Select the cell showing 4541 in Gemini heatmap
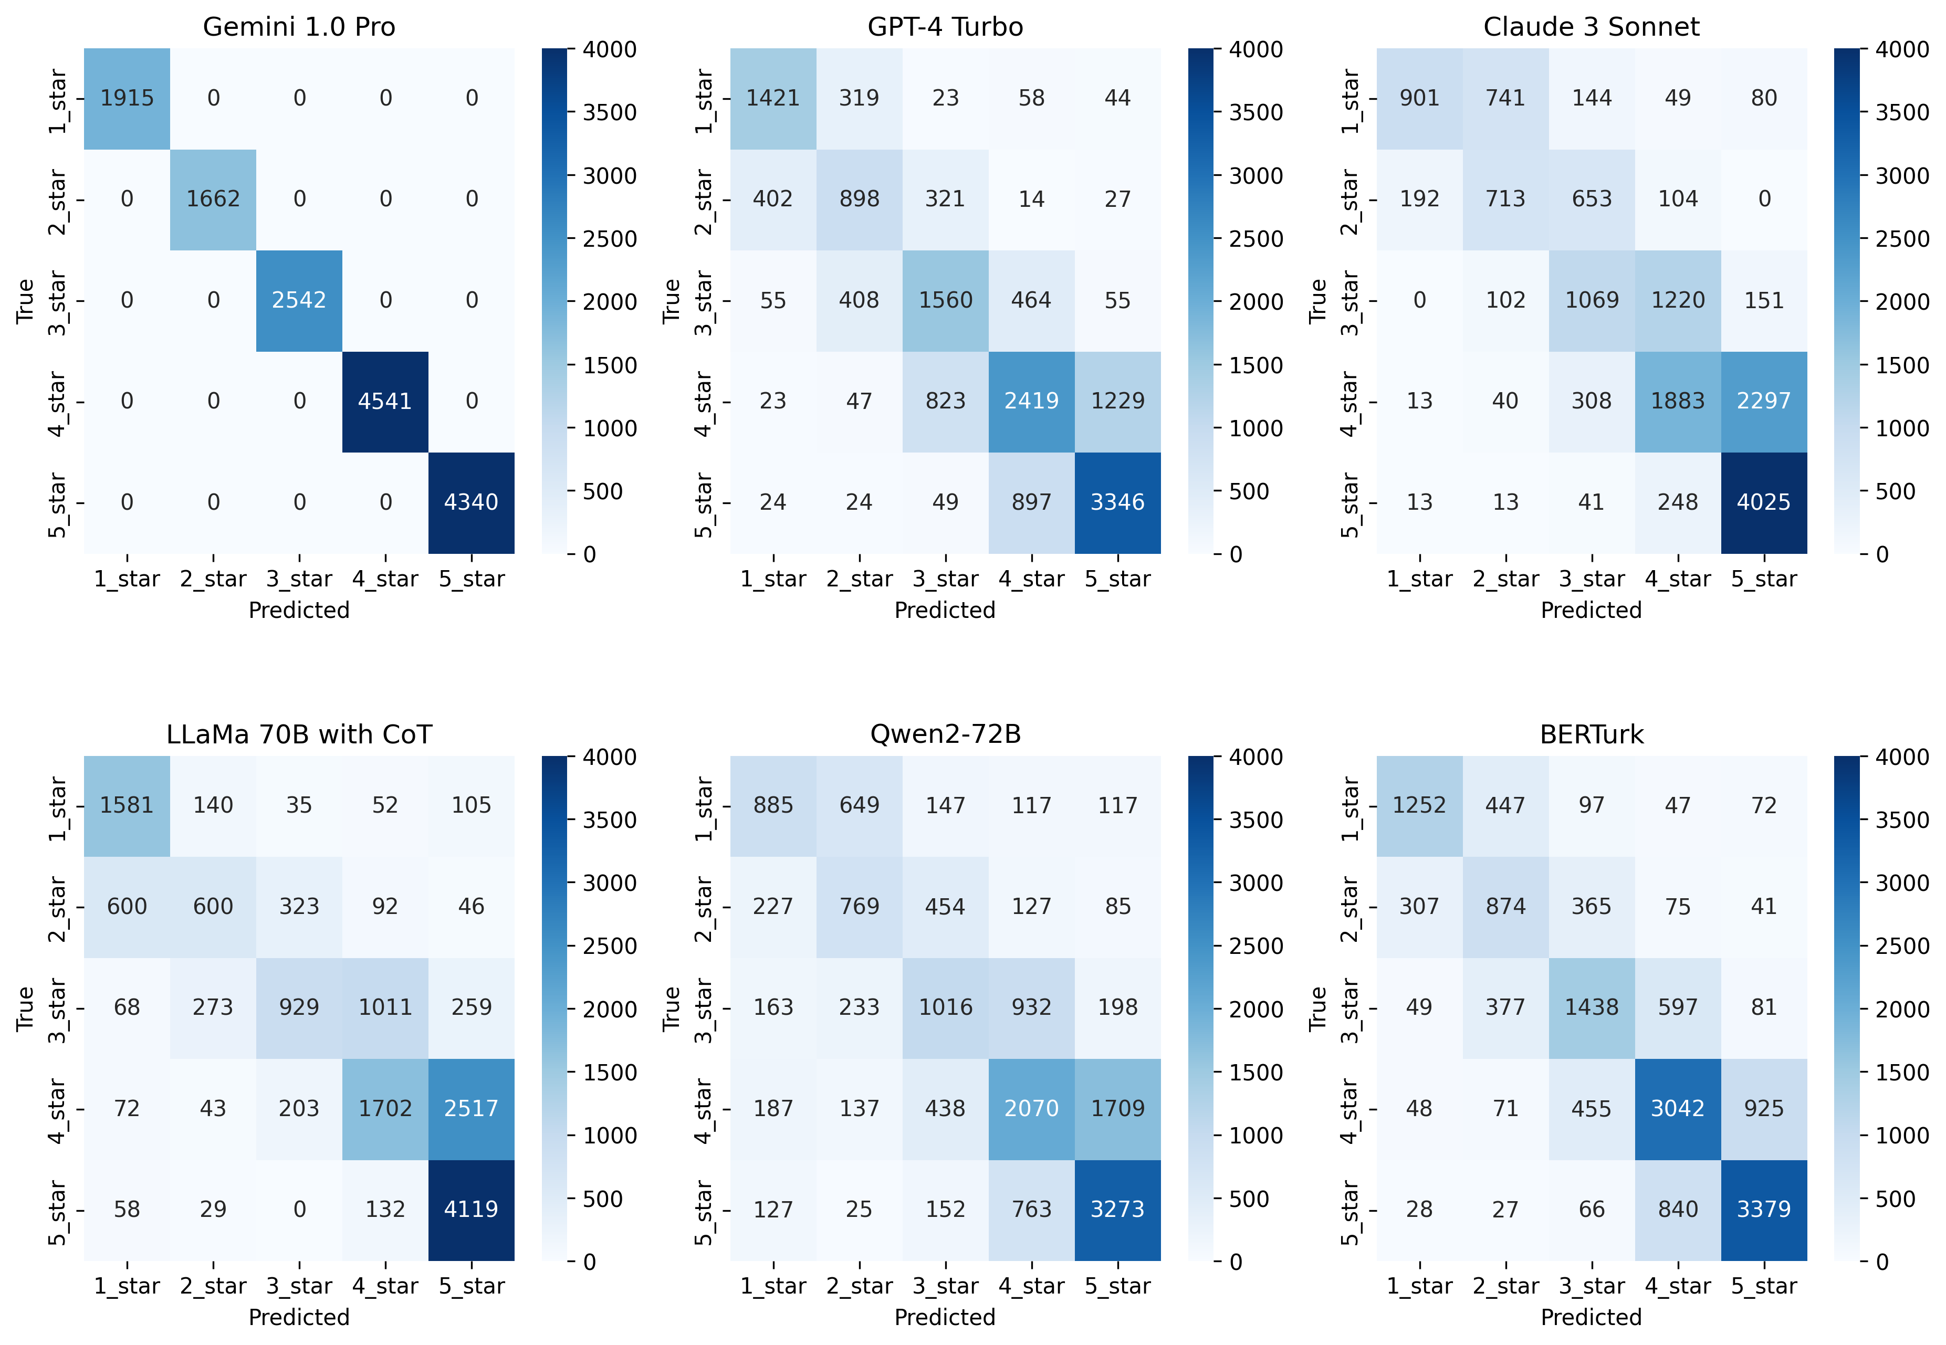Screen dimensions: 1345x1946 (x=385, y=401)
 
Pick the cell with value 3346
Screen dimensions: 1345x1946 (x=1117, y=502)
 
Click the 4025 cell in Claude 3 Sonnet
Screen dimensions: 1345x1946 (x=1764, y=502)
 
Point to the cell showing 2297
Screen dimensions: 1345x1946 (x=1764, y=401)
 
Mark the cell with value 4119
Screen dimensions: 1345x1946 (x=471, y=1210)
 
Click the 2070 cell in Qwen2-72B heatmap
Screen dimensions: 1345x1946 (x=1032, y=1108)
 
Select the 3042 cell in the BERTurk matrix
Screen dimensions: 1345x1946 (x=1678, y=1108)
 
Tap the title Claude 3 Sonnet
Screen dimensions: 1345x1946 (x=1591, y=27)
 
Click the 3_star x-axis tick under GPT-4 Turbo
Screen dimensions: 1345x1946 (x=945, y=579)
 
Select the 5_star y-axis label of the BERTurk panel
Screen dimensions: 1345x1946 (x=1350, y=1212)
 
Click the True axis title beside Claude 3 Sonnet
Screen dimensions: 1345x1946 (x=1318, y=301)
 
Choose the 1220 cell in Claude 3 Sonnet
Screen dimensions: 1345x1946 (x=1678, y=300)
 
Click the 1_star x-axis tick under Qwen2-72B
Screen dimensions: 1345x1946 (x=773, y=1286)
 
